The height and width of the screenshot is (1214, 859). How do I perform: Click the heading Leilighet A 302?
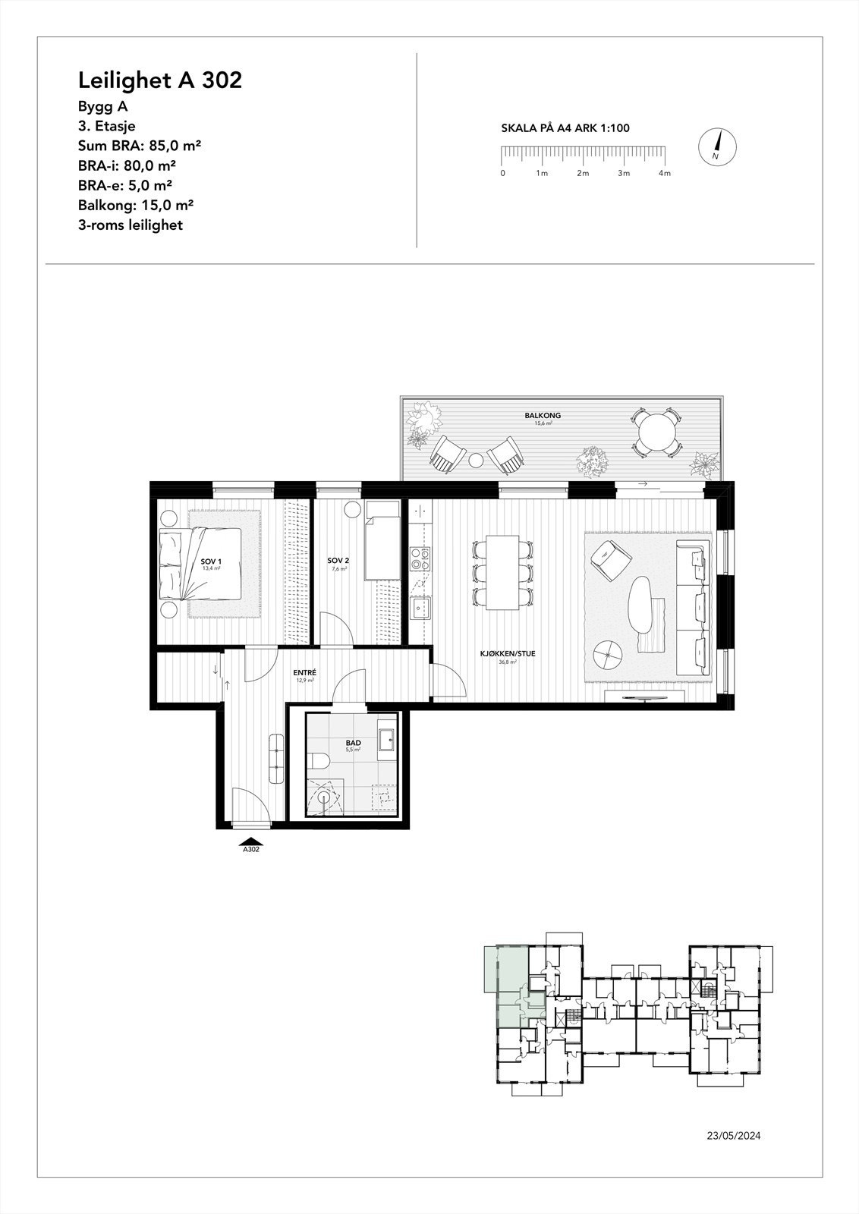tap(160, 80)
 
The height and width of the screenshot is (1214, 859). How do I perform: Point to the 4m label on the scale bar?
tap(665, 174)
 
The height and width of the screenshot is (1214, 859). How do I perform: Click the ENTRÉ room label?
tap(305, 673)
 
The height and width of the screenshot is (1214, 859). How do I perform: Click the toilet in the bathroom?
tap(319, 760)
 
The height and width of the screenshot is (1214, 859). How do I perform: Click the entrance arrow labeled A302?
tap(251, 841)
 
